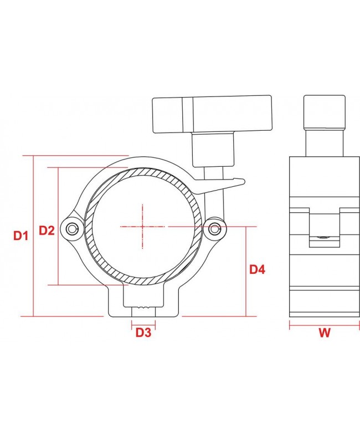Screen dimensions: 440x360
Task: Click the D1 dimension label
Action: pos(20,236)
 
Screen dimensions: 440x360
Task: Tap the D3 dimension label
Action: pos(143,332)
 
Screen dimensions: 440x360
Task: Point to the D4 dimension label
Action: pos(257,270)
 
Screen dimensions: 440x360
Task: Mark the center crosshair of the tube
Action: pos(143,226)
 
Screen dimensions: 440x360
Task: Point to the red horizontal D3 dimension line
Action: pos(143,322)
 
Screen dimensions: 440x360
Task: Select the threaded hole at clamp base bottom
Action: pos(143,306)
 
